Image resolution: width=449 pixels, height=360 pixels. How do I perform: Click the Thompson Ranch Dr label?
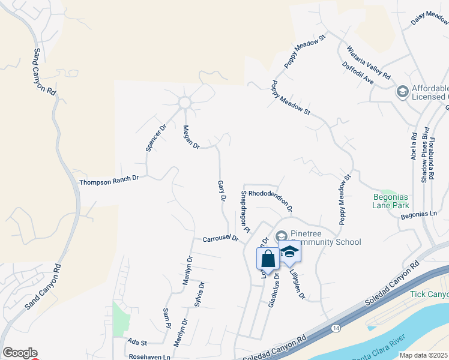click(109, 179)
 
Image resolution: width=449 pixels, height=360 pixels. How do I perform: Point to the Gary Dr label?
click(221, 190)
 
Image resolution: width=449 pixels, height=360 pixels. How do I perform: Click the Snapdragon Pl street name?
click(244, 211)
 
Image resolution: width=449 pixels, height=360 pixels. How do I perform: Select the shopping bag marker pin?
click(268, 259)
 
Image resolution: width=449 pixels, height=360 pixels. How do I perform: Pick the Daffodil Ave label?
click(358, 74)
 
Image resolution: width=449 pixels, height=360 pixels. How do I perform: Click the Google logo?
click(20, 353)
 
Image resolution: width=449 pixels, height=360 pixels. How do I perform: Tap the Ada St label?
click(137, 342)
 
